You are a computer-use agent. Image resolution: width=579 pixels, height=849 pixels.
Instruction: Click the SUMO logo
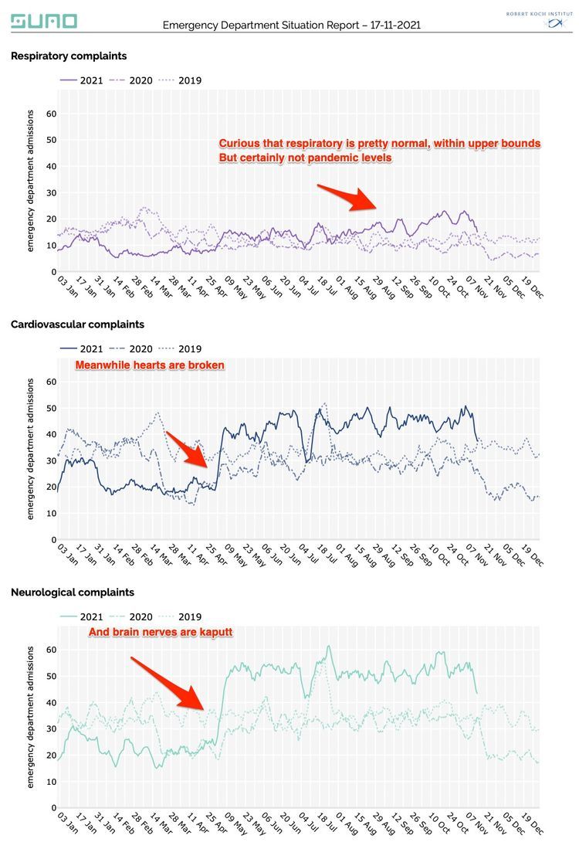(x=44, y=21)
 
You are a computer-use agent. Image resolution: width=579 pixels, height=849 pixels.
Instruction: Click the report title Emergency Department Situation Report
(x=291, y=25)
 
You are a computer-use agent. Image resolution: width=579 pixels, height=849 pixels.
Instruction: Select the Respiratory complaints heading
(x=69, y=56)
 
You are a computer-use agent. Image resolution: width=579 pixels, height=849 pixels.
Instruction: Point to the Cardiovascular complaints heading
(x=77, y=324)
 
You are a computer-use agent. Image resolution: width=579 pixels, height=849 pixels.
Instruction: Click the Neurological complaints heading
(x=73, y=593)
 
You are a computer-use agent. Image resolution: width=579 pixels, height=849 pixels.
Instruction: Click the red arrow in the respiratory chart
(x=347, y=197)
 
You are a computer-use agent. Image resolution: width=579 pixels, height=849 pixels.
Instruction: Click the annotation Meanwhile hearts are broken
(x=150, y=365)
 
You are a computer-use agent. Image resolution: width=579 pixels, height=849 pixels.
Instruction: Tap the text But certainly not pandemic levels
(x=306, y=158)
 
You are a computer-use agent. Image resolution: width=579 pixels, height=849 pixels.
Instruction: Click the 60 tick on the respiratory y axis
(x=51, y=114)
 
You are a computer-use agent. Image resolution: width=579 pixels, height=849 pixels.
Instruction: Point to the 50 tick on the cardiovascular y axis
(x=51, y=408)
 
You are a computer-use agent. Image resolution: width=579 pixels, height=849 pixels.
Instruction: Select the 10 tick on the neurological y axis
(x=51, y=781)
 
